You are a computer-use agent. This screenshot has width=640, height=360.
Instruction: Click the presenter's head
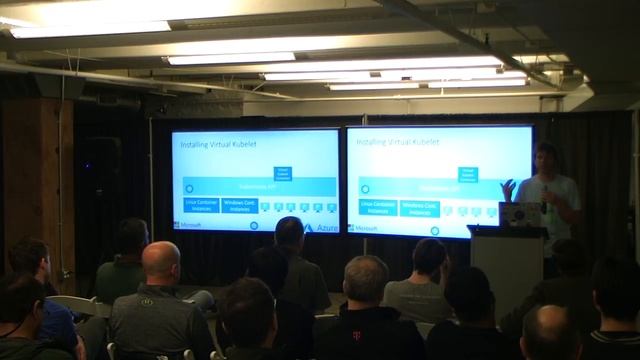546,158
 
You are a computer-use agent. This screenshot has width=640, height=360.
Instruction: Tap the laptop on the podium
519,214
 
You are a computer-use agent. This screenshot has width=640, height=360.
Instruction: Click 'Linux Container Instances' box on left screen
200,207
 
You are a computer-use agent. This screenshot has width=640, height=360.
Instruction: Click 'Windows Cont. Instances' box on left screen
240,207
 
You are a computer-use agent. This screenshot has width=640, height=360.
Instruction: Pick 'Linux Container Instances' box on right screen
378,208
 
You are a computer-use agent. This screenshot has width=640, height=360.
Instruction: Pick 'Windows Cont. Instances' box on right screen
420,208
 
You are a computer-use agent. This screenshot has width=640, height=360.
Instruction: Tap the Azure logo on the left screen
322,229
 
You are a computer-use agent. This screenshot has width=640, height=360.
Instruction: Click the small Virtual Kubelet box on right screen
467,173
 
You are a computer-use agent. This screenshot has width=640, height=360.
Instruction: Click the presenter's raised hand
509,187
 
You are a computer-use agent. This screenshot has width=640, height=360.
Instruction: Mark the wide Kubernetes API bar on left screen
255,187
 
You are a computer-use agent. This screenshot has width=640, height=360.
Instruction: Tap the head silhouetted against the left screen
289,232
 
